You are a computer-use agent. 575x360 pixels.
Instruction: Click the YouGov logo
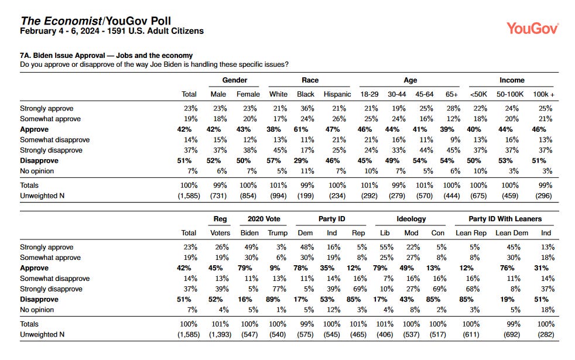(x=532, y=28)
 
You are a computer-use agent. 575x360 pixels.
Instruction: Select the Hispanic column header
(x=337, y=94)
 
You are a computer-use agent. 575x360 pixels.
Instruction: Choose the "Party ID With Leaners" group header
(x=505, y=219)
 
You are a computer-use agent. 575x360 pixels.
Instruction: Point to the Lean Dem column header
(x=512, y=233)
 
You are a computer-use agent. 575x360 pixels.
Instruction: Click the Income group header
(x=512, y=80)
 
